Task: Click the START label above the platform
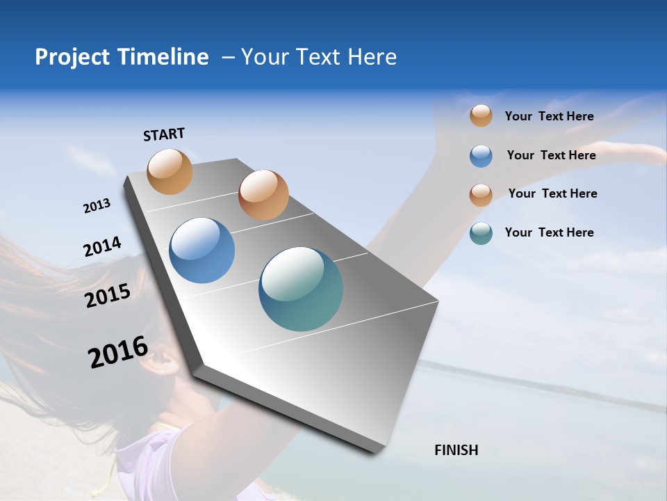tap(164, 134)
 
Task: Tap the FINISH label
tap(456, 450)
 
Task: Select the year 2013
tap(97, 206)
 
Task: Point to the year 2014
tap(102, 246)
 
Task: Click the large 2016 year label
tap(118, 352)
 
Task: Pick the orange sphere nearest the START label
tap(170, 171)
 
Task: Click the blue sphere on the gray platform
tap(202, 250)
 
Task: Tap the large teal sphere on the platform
tap(301, 289)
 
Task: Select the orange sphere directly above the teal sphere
tap(263, 195)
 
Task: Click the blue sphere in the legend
tap(481, 156)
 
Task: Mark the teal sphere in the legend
tap(481, 233)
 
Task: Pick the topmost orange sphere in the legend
tap(481, 116)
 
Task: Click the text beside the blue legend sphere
tap(551, 155)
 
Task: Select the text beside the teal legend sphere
tap(549, 232)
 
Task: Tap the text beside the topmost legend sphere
tap(549, 116)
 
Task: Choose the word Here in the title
tap(372, 57)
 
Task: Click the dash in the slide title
tap(228, 57)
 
